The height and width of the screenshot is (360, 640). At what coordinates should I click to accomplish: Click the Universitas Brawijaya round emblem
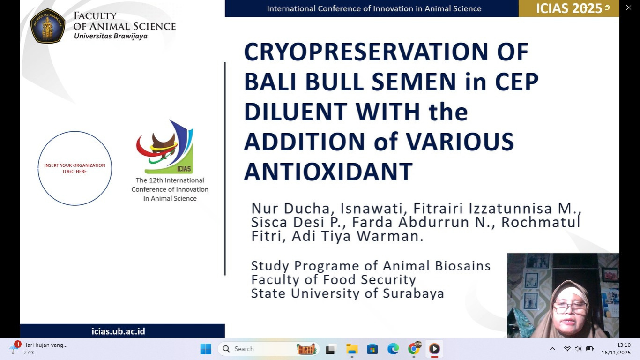point(47,26)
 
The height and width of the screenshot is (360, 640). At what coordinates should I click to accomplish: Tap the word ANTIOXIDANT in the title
point(328,172)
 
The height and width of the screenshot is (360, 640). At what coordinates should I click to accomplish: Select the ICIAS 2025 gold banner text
point(569,8)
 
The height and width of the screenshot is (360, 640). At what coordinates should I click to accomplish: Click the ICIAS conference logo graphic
point(165,147)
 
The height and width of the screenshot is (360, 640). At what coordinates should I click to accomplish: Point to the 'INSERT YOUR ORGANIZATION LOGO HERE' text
point(74,168)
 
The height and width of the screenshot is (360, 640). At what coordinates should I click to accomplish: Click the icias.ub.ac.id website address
point(118,331)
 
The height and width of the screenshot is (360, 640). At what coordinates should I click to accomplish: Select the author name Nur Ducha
point(290,208)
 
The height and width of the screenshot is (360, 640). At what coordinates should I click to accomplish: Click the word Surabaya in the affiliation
point(413,293)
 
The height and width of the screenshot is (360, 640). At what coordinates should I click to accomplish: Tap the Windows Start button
point(206,349)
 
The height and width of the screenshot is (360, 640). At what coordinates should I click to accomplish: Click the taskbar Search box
point(268,349)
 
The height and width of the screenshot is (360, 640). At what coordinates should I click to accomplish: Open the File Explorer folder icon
point(352,349)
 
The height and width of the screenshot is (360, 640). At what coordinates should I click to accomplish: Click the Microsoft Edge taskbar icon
point(393,349)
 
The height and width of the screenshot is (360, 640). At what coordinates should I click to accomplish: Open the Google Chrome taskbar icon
point(414,349)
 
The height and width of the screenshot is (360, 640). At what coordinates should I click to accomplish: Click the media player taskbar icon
point(434,349)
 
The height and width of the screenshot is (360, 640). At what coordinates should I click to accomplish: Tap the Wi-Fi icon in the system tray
point(567,349)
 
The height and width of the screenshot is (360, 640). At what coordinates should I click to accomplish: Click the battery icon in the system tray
point(590,349)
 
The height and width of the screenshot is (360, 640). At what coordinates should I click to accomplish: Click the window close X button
point(629,7)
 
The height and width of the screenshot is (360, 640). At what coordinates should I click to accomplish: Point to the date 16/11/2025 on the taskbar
point(616,352)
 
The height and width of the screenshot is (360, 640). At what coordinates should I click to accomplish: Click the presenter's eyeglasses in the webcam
point(570,308)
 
